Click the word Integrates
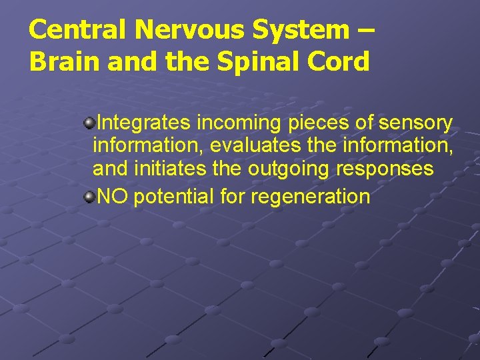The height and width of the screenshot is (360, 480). point(144,123)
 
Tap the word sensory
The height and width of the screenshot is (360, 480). point(415,124)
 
